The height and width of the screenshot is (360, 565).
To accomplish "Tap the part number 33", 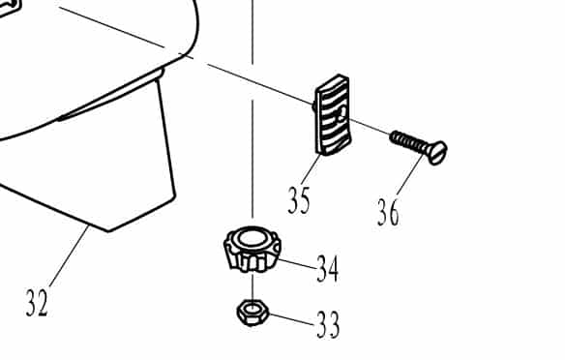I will click(x=327, y=325).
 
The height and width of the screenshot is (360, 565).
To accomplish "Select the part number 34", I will click(x=327, y=269).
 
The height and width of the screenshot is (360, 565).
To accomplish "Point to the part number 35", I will click(x=299, y=200).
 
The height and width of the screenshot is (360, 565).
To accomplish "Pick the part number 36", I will click(x=388, y=211).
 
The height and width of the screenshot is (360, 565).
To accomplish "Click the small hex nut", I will click(x=253, y=313).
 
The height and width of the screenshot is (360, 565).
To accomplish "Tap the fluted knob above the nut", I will click(x=253, y=250).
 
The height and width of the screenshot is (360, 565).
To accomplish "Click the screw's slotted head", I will click(x=436, y=151).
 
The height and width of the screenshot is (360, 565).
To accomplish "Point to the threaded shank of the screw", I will click(x=407, y=141).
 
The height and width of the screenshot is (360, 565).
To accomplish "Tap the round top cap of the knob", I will click(x=253, y=237).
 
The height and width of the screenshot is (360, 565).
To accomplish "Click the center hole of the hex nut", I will click(x=253, y=311).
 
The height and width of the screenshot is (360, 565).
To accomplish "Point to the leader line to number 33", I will click(x=290, y=319).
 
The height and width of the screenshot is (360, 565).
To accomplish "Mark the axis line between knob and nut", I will click(x=253, y=286).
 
